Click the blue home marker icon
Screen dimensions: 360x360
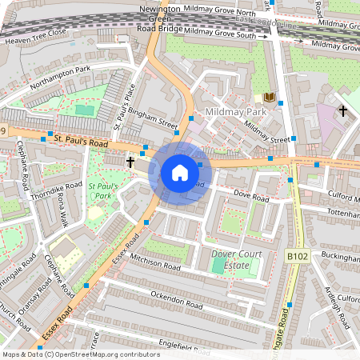[x=179, y=173]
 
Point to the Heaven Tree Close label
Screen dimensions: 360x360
[x=34, y=37]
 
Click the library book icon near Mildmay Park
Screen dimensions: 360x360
[x=270, y=98]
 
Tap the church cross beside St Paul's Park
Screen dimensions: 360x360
[x=130, y=162]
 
